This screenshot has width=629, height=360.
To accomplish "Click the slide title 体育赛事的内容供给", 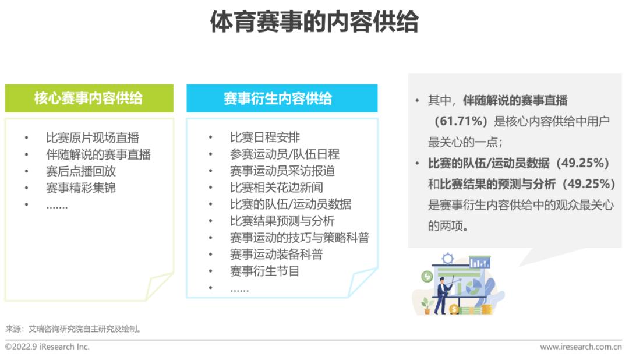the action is click(x=314, y=22).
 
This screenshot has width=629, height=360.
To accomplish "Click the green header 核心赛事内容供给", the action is click(x=89, y=98).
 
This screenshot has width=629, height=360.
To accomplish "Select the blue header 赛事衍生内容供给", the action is click(x=278, y=98).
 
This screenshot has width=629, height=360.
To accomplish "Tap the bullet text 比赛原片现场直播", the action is click(x=93, y=137).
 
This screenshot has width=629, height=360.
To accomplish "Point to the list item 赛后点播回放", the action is click(x=81, y=171).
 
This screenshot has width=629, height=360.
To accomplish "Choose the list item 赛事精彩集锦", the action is click(x=81, y=188).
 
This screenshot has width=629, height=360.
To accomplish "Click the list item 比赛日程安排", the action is click(x=265, y=137).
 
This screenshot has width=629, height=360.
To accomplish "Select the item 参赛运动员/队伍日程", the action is click(x=285, y=154).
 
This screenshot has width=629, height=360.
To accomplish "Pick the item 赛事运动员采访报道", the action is click(x=282, y=171).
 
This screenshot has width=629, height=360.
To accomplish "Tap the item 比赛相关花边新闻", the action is click(x=277, y=188).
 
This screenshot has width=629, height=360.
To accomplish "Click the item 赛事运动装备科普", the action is click(x=277, y=255).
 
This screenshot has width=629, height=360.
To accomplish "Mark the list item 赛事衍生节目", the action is click(x=265, y=271).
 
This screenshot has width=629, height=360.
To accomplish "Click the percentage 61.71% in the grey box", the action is click(x=461, y=121).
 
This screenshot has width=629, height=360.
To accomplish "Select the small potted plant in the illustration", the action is click(x=426, y=306).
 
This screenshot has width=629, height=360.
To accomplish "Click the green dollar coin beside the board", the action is click(x=427, y=277).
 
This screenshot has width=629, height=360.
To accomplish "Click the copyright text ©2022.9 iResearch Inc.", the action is click(x=47, y=347).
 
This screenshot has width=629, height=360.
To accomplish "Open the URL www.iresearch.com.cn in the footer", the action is click(x=581, y=347).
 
